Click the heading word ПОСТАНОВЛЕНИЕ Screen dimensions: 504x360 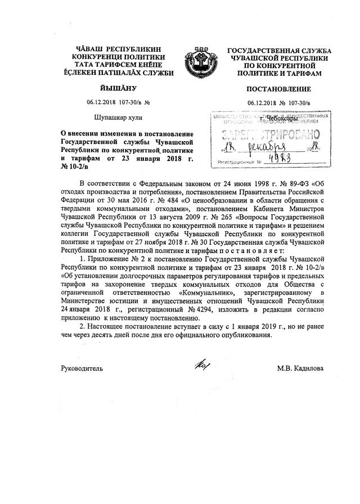pos(278,89)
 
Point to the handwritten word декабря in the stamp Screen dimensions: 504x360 pos(265,148)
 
